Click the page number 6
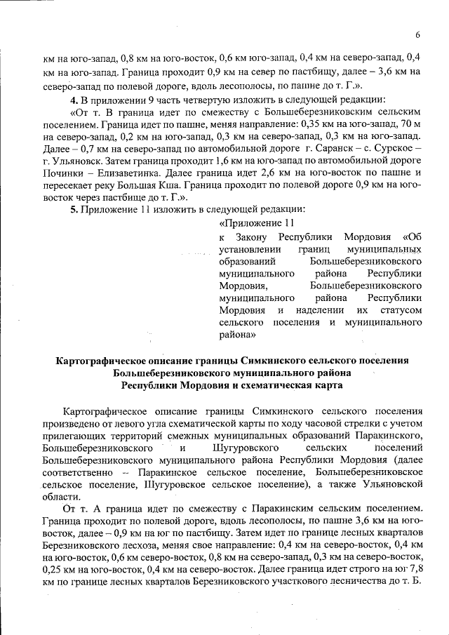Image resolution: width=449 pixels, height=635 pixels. coord(417,35)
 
